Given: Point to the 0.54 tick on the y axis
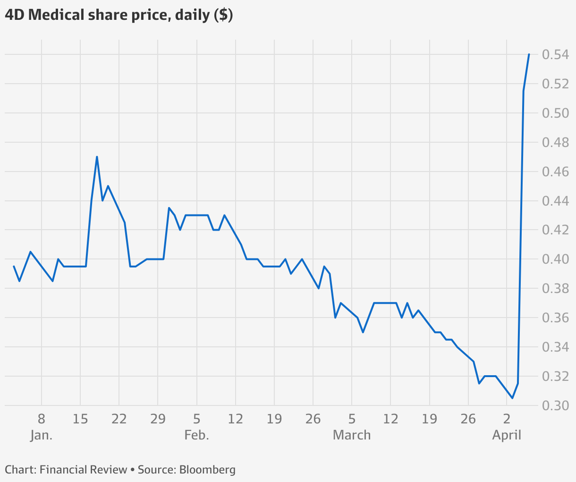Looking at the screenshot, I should (555, 55).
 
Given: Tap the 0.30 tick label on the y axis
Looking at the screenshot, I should (555, 405).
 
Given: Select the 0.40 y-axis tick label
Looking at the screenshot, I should (555, 259).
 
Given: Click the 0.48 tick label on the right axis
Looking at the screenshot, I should (555, 142).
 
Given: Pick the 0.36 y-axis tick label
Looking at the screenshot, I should (555, 318).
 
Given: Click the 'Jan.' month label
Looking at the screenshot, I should (42, 435).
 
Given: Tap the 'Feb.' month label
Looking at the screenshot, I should (197, 435).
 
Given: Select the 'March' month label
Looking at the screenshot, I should (352, 435).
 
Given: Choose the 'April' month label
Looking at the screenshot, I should (507, 435).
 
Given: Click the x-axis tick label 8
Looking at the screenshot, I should (42, 419).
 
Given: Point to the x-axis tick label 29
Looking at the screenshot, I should (158, 419).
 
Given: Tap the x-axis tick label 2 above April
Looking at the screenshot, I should (507, 419).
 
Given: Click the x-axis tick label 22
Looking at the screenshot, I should (119, 419).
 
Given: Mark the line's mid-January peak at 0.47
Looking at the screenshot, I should (97, 157).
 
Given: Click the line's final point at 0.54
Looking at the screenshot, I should (529, 54).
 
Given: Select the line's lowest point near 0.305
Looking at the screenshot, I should (512, 398).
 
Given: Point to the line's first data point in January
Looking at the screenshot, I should (14, 267).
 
